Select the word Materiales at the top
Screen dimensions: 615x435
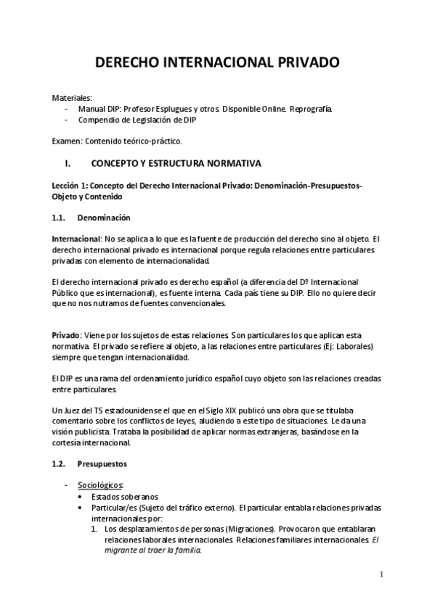71,97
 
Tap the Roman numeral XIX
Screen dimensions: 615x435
237,410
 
